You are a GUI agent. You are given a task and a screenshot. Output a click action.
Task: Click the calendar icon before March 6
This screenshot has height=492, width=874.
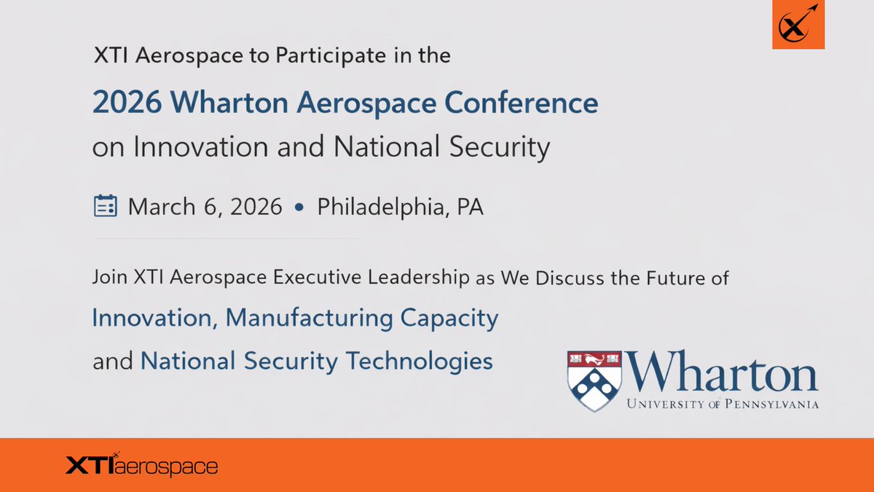106,206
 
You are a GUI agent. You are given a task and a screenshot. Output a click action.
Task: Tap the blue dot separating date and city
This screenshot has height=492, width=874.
299,208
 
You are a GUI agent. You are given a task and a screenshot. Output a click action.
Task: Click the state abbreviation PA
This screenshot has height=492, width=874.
470,207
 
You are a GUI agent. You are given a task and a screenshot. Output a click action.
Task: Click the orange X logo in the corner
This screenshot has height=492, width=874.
798,25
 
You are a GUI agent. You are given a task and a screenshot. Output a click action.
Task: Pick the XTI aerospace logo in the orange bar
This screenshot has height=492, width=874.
141,465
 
